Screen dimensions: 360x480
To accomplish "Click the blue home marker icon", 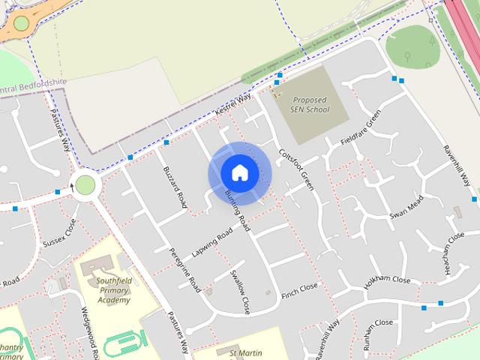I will (x=239, y=173).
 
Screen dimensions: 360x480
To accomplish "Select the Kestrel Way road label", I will (x=232, y=103).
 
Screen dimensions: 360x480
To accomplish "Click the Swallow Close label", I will (x=239, y=292).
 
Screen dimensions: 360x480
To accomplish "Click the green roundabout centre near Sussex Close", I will (x=85, y=184).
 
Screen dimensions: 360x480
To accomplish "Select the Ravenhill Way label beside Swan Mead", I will (x=456, y=166).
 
